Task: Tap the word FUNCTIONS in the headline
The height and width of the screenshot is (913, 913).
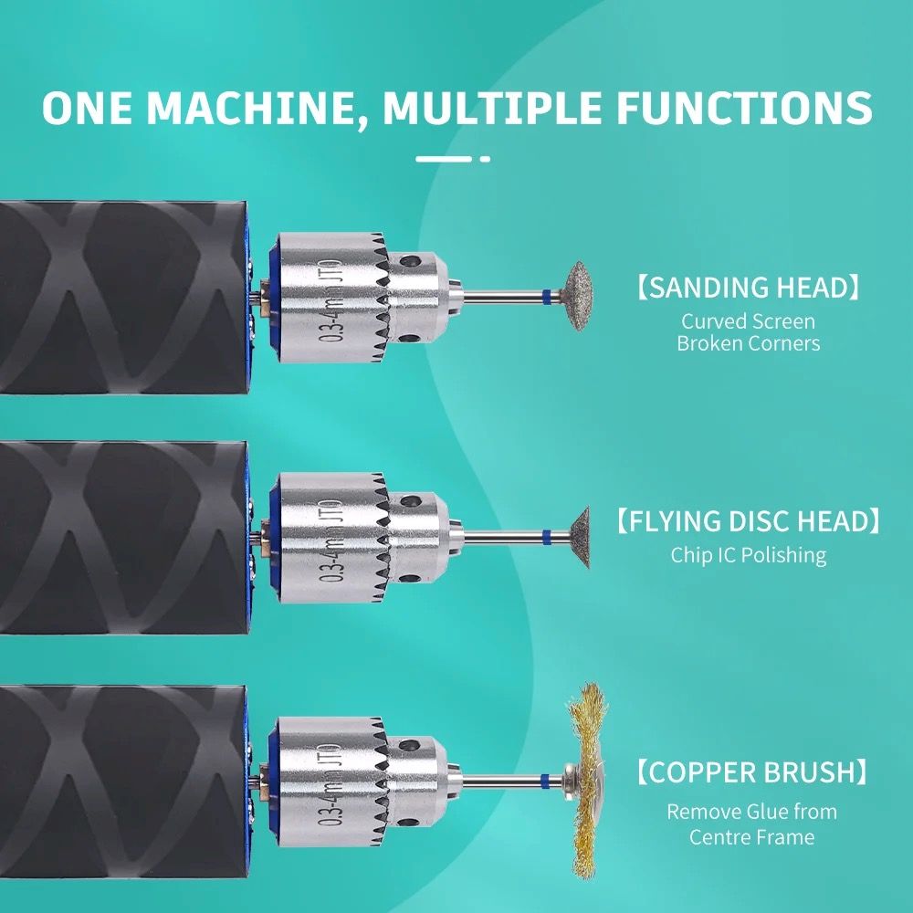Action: click(x=744, y=108)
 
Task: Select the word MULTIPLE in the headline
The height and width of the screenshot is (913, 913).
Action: click(x=492, y=108)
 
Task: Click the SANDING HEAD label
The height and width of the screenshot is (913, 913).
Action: click(x=749, y=288)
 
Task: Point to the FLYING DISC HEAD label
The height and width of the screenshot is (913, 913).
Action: click(x=749, y=521)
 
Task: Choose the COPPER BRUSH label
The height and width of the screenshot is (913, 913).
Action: click(x=751, y=772)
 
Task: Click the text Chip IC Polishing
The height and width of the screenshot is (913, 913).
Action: click(x=749, y=555)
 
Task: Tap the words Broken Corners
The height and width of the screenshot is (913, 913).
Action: click(x=749, y=343)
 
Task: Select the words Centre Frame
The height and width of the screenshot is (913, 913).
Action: click(x=751, y=836)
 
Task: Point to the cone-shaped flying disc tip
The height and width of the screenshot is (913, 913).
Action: click(x=579, y=537)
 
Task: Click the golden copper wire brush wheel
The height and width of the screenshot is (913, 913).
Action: click(x=587, y=781)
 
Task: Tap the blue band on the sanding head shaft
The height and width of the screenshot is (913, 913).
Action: click(x=546, y=296)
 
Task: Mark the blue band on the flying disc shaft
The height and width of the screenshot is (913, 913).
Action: click(x=546, y=537)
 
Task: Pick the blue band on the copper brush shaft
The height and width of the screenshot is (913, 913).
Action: click(x=545, y=781)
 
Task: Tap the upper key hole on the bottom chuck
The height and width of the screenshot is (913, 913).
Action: click(x=410, y=745)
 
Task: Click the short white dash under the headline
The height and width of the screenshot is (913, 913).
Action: click(x=485, y=158)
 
